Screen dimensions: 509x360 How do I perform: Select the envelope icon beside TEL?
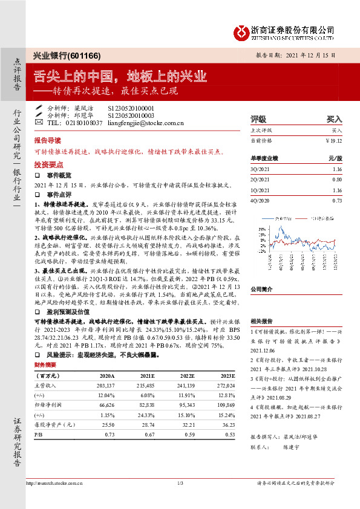coord(39,122)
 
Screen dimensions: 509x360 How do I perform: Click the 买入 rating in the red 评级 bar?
coord(334,120)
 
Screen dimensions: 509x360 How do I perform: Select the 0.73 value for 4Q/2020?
coord(337,199)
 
